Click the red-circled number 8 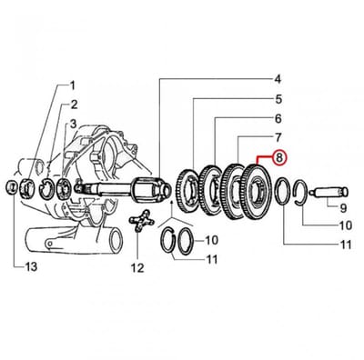pos(279,157)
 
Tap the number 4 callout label pos(278,80)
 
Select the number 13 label pos(30,266)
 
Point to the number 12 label pos(137,268)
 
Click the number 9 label pos(343,207)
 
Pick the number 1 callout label pos(72,85)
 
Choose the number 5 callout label pos(278,99)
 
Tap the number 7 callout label pos(278,137)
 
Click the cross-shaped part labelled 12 pos(141,221)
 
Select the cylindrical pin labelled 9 pos(329,193)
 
